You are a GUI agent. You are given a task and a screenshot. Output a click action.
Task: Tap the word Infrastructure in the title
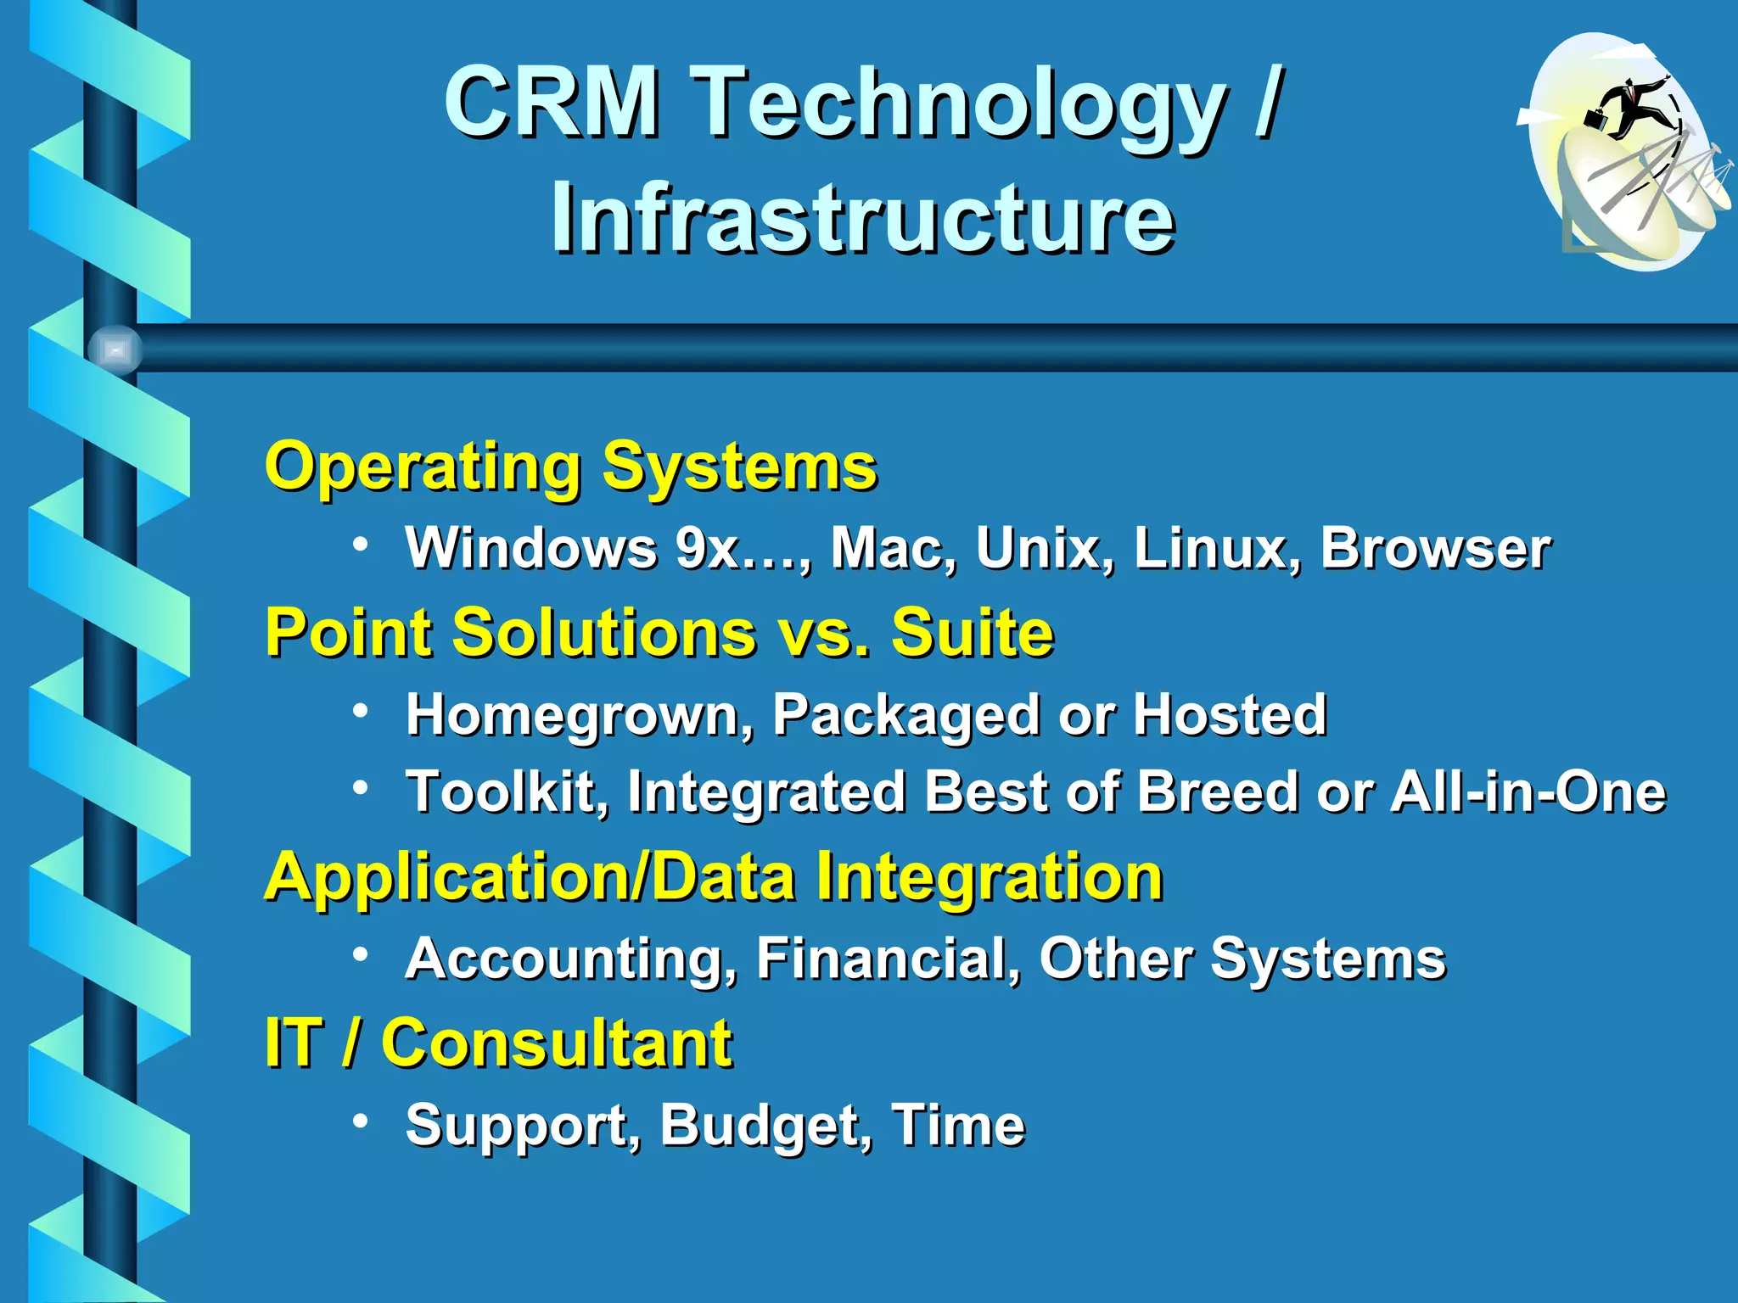click(863, 219)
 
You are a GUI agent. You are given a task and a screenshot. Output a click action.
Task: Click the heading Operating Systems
click(570, 467)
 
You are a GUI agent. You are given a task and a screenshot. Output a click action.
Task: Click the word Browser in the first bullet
click(1435, 548)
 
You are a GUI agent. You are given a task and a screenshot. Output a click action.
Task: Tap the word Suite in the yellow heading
click(973, 632)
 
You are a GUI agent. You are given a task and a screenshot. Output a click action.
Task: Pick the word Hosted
click(1230, 714)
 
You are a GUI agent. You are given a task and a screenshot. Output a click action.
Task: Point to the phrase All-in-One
click(1528, 791)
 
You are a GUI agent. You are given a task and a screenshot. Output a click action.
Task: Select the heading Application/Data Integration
click(713, 877)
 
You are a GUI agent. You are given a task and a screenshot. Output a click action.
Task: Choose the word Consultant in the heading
click(556, 1043)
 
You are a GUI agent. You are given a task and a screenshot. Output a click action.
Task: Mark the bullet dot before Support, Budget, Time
click(362, 1121)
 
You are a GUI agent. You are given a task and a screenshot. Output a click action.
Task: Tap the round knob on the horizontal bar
click(115, 350)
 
